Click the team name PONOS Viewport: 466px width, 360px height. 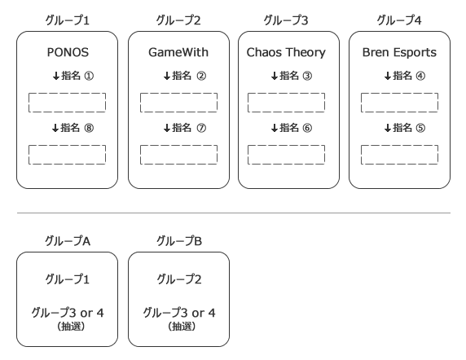pyautogui.click(x=68, y=52)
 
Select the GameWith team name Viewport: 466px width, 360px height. pyautogui.click(x=178, y=52)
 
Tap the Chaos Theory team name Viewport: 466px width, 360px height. pyautogui.click(x=286, y=53)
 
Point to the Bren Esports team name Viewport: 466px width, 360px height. pyautogui.click(x=399, y=53)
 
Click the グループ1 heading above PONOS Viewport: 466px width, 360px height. pyautogui.click(x=67, y=20)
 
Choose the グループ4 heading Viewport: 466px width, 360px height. pyautogui.click(x=399, y=20)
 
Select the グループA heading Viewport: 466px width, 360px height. pyautogui.click(x=68, y=241)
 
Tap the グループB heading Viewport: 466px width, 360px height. pyautogui.click(x=179, y=241)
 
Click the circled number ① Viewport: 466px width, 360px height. pyautogui.click(x=89, y=76)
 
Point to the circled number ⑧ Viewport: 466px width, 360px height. pyautogui.click(x=89, y=128)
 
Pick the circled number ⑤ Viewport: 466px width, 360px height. pyautogui.click(x=420, y=128)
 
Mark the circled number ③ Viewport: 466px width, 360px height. pyautogui.click(x=307, y=76)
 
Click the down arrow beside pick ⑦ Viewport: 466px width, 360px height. pyautogui.click(x=167, y=128)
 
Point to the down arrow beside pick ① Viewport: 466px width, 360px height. pyautogui.click(x=56, y=76)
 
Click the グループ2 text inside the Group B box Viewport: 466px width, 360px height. pyautogui.click(x=179, y=279)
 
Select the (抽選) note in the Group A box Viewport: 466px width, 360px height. pyautogui.click(x=71, y=327)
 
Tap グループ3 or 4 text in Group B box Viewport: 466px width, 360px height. pyautogui.click(x=179, y=313)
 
